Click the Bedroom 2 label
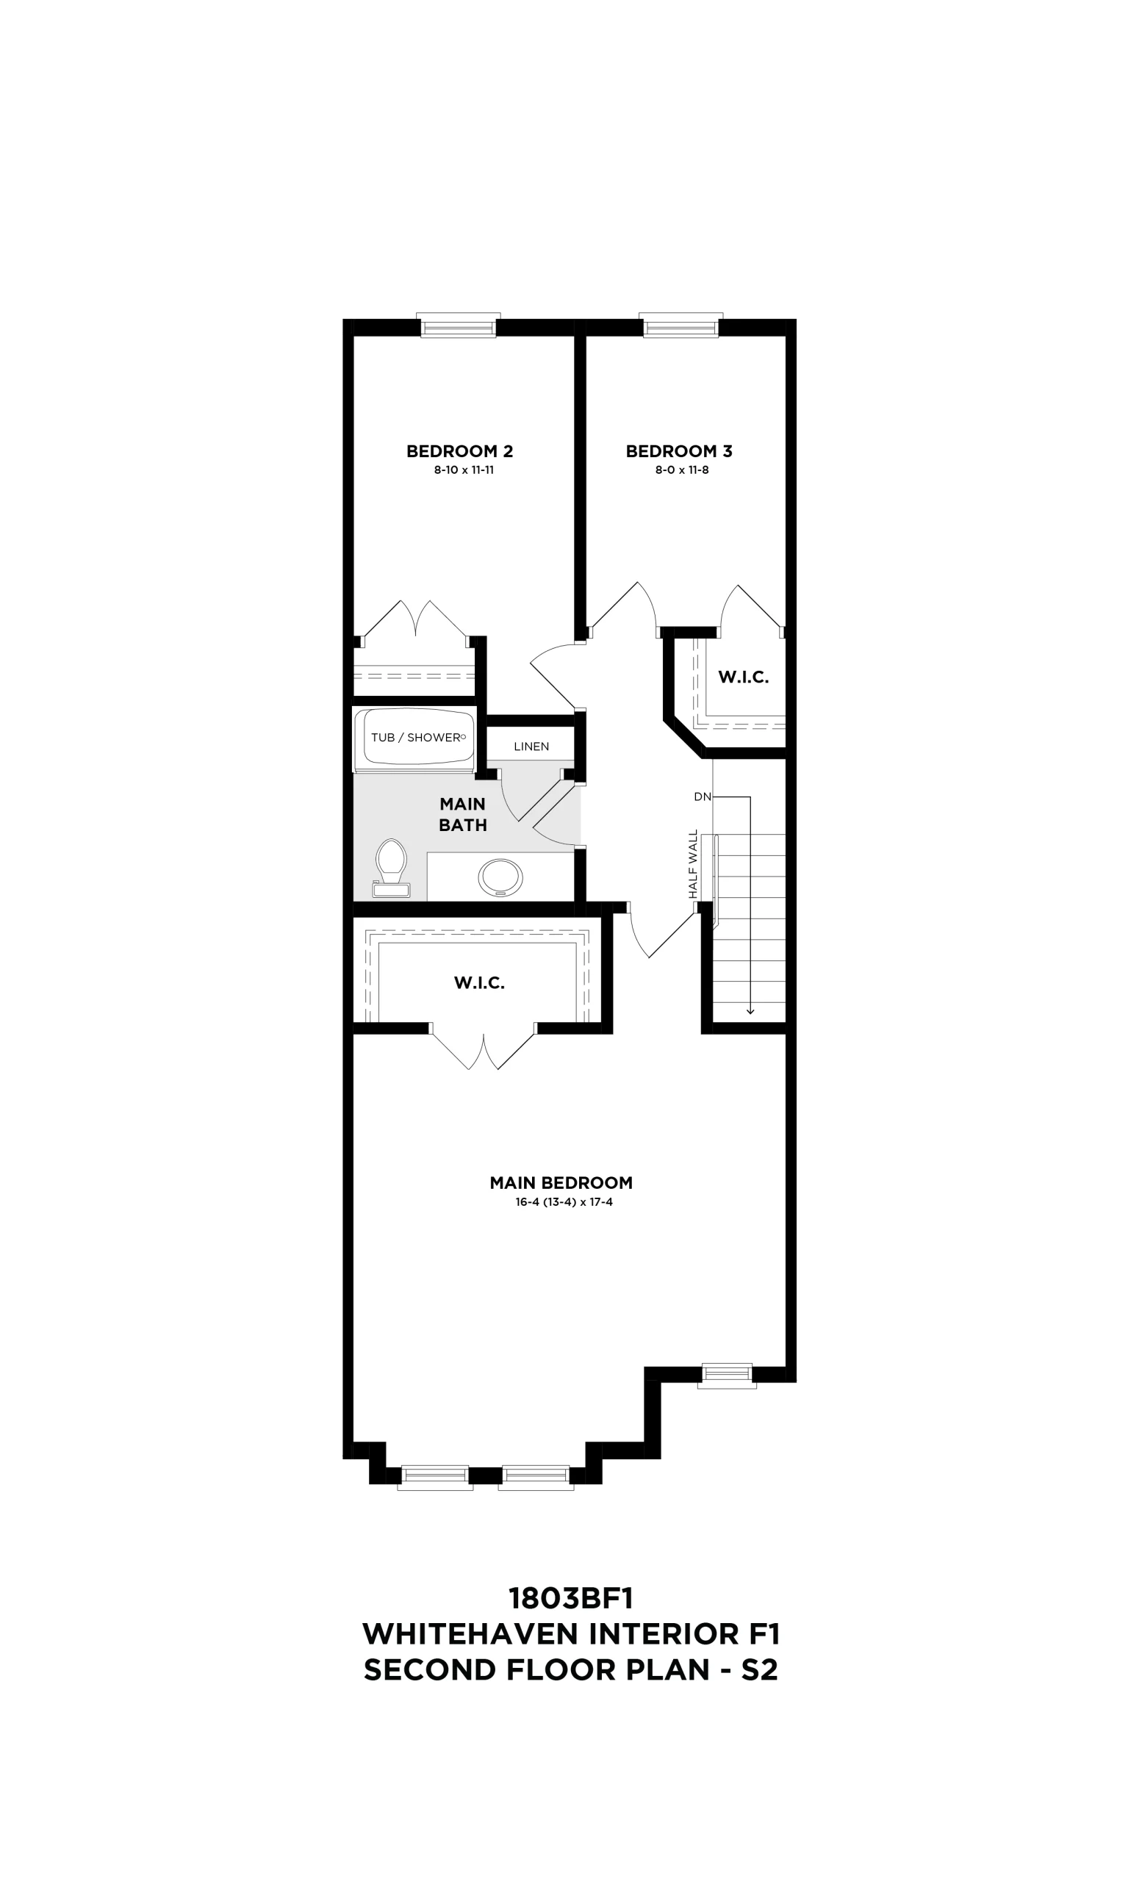[x=459, y=451]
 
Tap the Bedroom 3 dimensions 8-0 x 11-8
[x=682, y=470]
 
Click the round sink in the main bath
[x=500, y=877]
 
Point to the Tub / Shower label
[x=416, y=738]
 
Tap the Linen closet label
[x=531, y=747]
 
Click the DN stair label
[x=703, y=797]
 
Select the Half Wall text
[x=693, y=864]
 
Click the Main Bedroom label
[x=561, y=1182]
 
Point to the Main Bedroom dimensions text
[x=564, y=1202]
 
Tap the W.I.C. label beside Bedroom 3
[x=744, y=677]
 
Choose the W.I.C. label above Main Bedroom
[x=479, y=983]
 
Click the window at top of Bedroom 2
[x=459, y=326]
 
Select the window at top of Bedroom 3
[x=681, y=326]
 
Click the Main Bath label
[x=462, y=815]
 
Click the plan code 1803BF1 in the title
[x=571, y=1598]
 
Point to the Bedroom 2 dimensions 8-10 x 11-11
[x=464, y=470]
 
